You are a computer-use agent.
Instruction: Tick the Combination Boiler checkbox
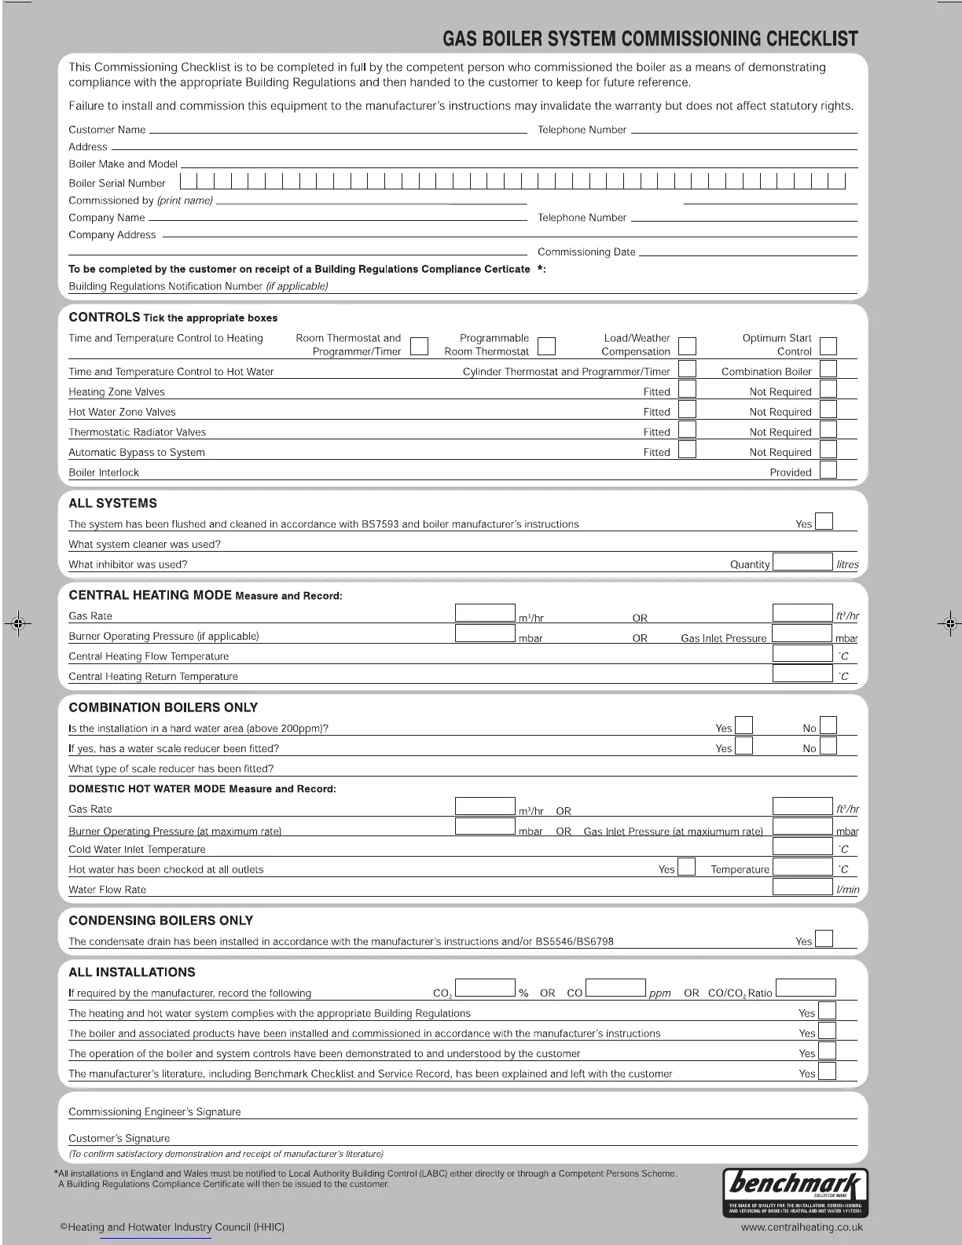pyautogui.click(x=828, y=369)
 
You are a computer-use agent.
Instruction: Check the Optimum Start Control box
pyautogui.click(x=828, y=346)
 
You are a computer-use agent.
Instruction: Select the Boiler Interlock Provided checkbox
pyautogui.click(x=828, y=470)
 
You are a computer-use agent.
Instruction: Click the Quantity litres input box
pyautogui.click(x=802, y=562)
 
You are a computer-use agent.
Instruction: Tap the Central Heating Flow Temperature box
pyautogui.click(x=802, y=653)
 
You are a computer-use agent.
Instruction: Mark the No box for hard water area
pyautogui.click(x=828, y=725)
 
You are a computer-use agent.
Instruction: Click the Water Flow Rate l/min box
pyautogui.click(x=802, y=887)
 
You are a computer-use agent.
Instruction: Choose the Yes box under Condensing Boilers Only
pyautogui.click(x=824, y=938)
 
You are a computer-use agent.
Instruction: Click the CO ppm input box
pyautogui.click(x=615, y=989)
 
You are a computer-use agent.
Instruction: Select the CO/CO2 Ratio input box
pyautogui.click(x=806, y=989)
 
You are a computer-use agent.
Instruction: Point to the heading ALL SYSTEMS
pyautogui.click(x=112, y=503)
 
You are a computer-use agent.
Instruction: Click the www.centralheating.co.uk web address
pyautogui.click(x=802, y=1226)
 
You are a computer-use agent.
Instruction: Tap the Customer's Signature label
pyautogui.click(x=119, y=1138)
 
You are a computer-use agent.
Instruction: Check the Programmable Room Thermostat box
pyautogui.click(x=546, y=346)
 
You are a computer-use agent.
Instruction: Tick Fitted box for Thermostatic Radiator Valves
pyautogui.click(x=687, y=430)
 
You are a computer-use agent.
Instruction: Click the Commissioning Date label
pyautogui.click(x=586, y=252)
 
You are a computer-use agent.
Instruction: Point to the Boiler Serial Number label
pyautogui.click(x=117, y=183)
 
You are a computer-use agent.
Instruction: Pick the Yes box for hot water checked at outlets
pyautogui.click(x=686, y=867)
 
